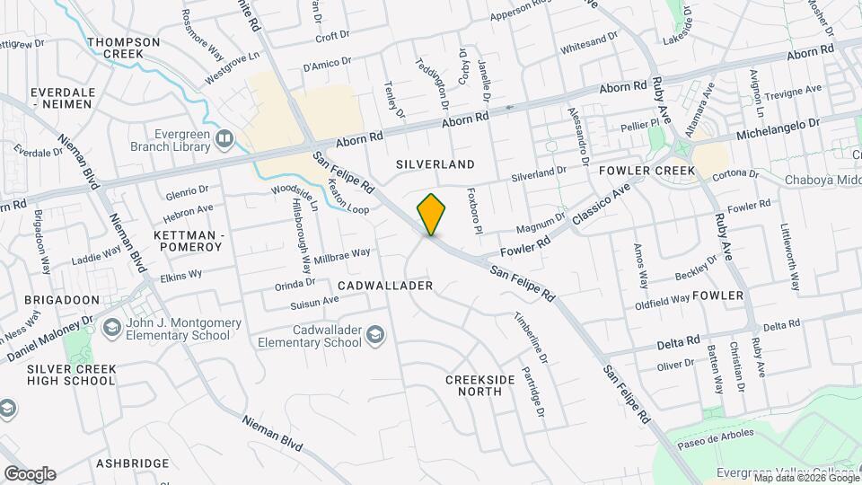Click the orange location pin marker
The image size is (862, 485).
click(x=432, y=214)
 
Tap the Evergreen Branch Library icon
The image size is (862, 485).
click(x=224, y=138)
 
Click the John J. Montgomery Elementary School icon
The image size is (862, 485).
click(x=112, y=327)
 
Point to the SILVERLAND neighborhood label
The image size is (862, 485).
click(x=435, y=164)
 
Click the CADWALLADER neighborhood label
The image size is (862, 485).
click(x=385, y=285)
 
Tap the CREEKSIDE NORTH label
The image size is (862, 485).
click(x=480, y=385)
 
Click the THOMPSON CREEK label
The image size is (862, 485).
click(x=124, y=48)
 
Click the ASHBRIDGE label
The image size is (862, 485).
click(x=133, y=463)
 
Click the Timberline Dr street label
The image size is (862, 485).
click(x=531, y=339)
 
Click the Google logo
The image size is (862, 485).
click(x=30, y=473)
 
